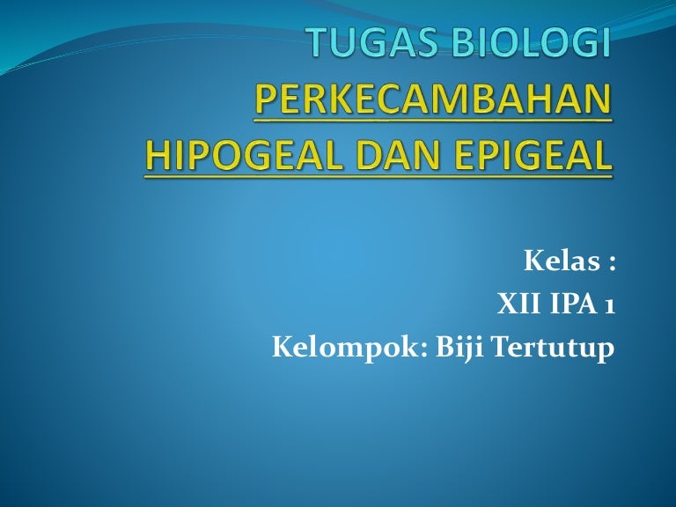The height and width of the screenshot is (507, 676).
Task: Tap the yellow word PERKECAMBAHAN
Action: pyautogui.click(x=433, y=98)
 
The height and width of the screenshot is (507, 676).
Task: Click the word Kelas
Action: pyautogui.click(x=562, y=261)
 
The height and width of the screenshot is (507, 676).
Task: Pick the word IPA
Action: pyautogui.click(x=571, y=304)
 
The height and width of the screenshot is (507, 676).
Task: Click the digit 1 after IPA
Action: pyautogui.click(x=609, y=305)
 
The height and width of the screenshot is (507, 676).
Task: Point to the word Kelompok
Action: pyautogui.click(x=346, y=349)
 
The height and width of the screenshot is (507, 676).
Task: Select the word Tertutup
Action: pyautogui.click(x=553, y=349)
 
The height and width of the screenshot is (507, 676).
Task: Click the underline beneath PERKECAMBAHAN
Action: pyautogui.click(x=433, y=121)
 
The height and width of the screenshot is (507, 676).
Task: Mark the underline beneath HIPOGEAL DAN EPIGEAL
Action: pyautogui.click(x=378, y=176)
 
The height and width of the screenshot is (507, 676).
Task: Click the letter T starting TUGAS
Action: pyautogui.click(x=319, y=42)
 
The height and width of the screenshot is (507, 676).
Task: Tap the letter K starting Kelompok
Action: pyautogui.click(x=283, y=347)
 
